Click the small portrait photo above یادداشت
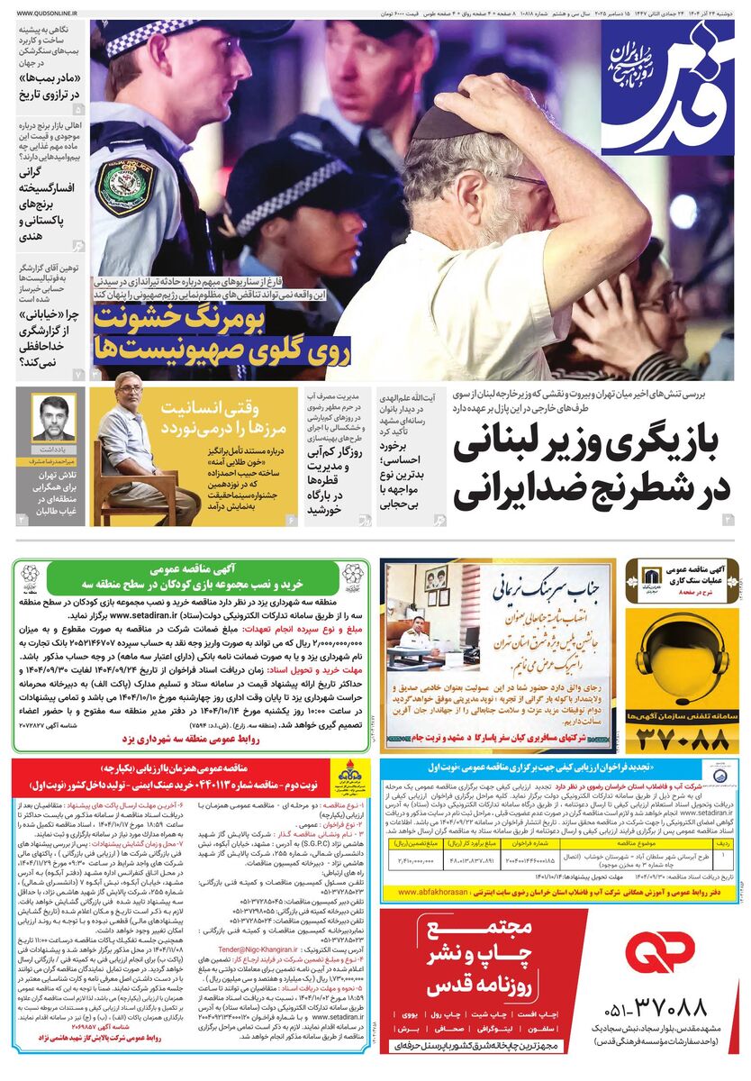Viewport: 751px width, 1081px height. [x=53, y=416]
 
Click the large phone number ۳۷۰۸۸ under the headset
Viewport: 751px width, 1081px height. [x=682, y=740]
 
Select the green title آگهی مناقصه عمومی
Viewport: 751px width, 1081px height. [x=189, y=569]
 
